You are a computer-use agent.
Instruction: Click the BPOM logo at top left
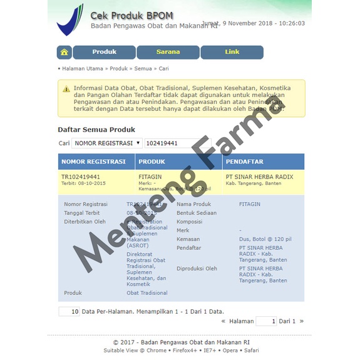tap(70, 19)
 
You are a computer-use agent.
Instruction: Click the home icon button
tap(64, 52)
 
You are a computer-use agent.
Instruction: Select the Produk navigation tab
tap(104, 52)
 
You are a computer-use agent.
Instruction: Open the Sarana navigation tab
tap(168, 52)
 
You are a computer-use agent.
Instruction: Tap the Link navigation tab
tap(232, 52)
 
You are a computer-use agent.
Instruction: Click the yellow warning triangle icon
tap(66, 89)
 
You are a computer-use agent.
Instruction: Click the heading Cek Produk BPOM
tap(132, 15)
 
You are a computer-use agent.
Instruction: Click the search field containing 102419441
tap(177, 143)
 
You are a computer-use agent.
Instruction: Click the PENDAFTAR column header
tap(245, 162)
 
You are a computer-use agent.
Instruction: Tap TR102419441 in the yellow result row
tap(81, 177)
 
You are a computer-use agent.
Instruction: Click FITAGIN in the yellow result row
tap(150, 177)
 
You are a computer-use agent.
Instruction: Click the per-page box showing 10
tap(69, 311)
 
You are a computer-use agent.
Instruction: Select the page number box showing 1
tap(266, 321)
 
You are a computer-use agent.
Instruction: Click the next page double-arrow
tap(301, 321)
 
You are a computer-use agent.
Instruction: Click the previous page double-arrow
tap(224, 321)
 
